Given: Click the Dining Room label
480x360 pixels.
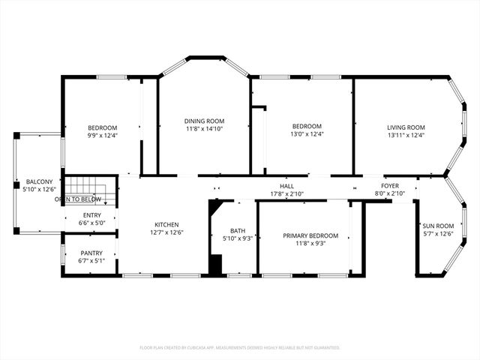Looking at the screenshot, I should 204,121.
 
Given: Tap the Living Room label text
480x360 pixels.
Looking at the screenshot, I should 406,127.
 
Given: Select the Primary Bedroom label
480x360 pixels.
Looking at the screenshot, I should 310,235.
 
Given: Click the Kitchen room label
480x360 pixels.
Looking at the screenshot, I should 166,224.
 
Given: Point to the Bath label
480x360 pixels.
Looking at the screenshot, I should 238,230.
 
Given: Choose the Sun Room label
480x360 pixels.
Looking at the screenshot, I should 439,226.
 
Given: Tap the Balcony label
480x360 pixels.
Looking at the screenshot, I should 39,182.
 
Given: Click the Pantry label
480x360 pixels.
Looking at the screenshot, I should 91,253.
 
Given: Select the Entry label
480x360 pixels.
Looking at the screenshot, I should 91,214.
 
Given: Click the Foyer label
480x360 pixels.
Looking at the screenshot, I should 390,185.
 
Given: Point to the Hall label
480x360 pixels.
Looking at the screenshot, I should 286,185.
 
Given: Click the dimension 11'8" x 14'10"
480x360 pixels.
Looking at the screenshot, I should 204,129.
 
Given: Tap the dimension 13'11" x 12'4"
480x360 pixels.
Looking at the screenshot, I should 406,135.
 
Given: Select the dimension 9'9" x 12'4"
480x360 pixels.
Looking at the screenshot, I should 102,135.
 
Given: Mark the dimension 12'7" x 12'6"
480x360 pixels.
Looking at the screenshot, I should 166,232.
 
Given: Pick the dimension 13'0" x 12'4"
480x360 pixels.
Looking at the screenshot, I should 307,134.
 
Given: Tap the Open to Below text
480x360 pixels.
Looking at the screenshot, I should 78,199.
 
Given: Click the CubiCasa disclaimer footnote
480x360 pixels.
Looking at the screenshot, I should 240,347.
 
